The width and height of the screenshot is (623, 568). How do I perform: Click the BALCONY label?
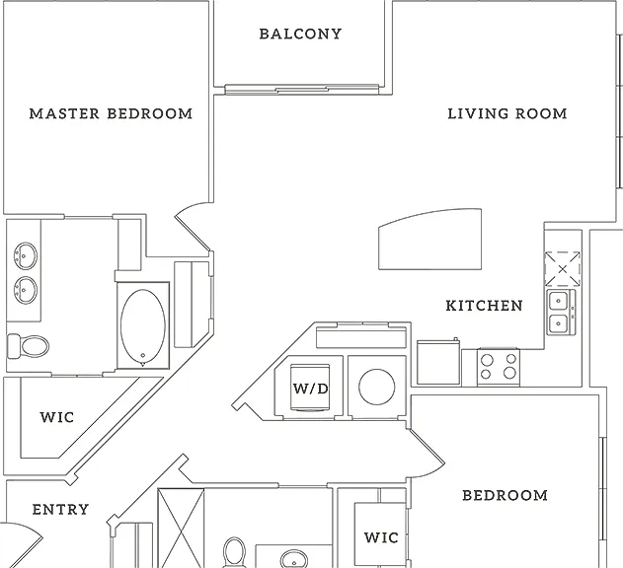click(x=300, y=34)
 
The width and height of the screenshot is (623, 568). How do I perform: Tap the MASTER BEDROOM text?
click(x=111, y=114)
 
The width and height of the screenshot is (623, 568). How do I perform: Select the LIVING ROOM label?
click(x=507, y=114)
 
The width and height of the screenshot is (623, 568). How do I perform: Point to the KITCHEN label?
click(x=484, y=306)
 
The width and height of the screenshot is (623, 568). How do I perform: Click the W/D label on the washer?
click(x=311, y=389)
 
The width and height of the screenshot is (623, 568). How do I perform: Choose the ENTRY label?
click(x=60, y=510)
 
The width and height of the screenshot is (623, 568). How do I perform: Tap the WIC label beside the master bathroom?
click(x=57, y=417)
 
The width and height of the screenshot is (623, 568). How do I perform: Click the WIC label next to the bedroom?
click(x=381, y=537)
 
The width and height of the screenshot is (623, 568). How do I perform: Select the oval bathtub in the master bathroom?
click(x=143, y=327)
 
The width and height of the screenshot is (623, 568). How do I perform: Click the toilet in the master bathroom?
click(x=29, y=346)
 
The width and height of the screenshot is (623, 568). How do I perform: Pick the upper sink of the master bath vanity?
click(x=26, y=256)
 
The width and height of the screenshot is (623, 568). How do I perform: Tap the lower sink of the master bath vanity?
click(x=26, y=290)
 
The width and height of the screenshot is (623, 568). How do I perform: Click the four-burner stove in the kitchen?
click(x=499, y=367)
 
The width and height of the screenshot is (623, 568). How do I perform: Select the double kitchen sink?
click(x=561, y=313)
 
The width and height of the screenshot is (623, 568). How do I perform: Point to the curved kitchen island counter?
click(x=429, y=239)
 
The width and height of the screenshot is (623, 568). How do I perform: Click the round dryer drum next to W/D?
click(x=376, y=387)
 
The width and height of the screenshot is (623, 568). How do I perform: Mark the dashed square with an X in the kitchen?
click(x=562, y=269)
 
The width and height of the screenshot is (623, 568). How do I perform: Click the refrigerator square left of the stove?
click(x=438, y=362)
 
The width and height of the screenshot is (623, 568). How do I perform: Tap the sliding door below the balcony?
click(x=302, y=90)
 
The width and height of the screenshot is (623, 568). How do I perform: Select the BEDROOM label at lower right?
click(x=505, y=495)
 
